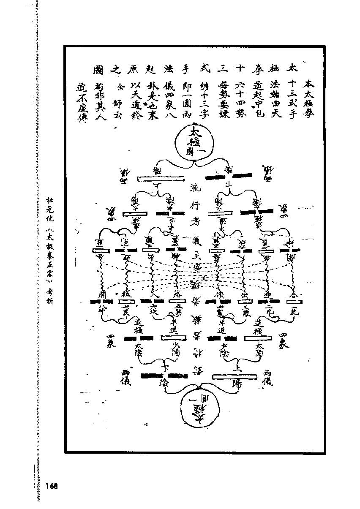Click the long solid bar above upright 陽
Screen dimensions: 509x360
click(234, 376)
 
